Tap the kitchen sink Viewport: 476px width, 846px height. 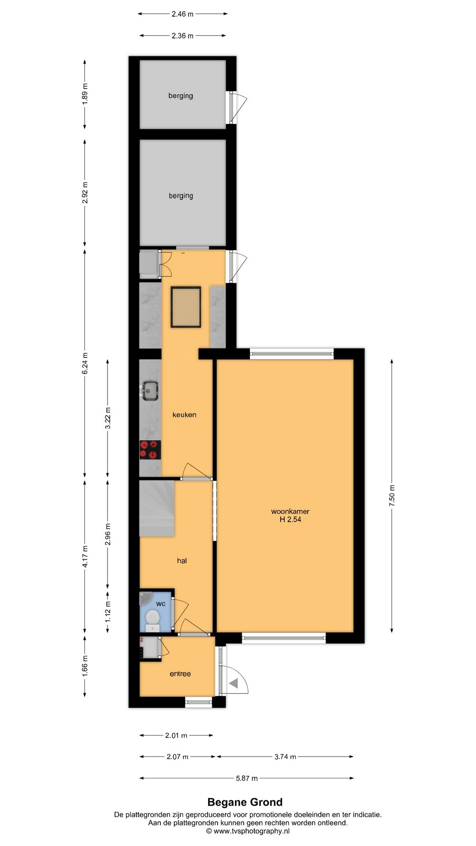point(150,390)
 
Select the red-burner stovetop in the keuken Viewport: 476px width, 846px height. point(150,450)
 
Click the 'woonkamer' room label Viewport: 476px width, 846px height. point(290,511)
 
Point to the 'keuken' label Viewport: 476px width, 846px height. point(184,415)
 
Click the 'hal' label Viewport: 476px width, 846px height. point(182,560)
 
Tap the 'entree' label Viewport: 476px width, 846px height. point(180,674)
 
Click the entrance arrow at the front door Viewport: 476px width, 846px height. point(233,683)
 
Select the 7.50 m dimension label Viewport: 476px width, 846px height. point(392,495)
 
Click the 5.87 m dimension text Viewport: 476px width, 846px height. point(247,778)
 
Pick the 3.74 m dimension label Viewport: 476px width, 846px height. point(285,757)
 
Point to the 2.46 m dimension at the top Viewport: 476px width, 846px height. point(182,14)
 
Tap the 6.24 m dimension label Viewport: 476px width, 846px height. point(85,364)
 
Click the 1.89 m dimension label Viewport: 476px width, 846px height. point(85,93)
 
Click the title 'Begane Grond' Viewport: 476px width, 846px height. point(245,802)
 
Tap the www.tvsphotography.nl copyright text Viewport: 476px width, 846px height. point(248,831)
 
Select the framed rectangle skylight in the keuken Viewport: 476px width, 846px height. point(186,307)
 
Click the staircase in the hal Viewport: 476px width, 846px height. point(157,508)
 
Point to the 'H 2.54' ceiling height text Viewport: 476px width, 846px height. point(290,519)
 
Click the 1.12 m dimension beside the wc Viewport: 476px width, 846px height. point(108,612)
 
